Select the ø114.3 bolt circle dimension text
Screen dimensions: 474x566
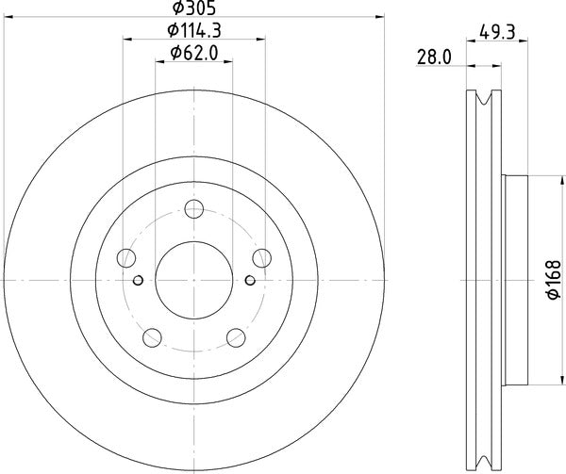coord(193,30)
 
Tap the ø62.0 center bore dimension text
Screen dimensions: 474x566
coord(193,54)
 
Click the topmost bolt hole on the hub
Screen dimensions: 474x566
coord(194,209)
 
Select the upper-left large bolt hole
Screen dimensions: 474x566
coord(125,257)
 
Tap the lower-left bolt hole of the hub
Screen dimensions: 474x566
coord(151,337)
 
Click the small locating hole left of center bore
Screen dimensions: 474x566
coord(139,280)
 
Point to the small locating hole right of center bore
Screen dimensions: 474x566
coord(249,280)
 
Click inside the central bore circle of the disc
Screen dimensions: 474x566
coord(193,281)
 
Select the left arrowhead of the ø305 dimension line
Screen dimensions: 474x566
coord(10,16)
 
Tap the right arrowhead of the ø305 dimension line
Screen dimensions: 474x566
coord(377,16)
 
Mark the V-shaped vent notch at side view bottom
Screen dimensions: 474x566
coord(486,463)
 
